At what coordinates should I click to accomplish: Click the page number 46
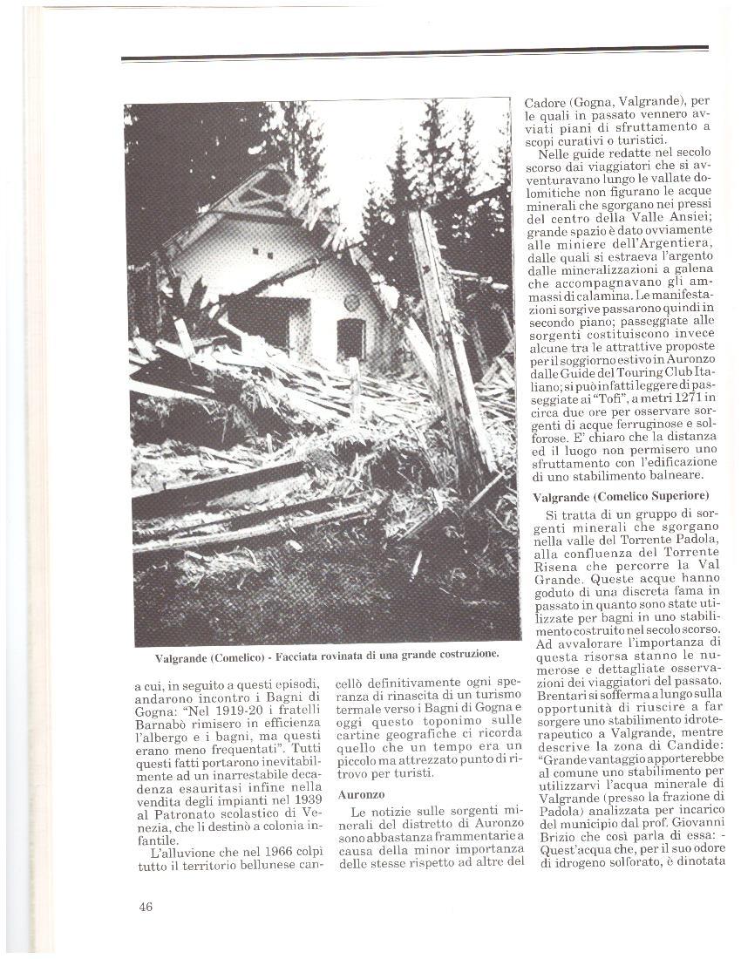tap(146, 907)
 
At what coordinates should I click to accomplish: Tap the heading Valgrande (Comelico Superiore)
tap(622, 496)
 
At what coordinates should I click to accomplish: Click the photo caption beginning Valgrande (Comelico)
tap(327, 656)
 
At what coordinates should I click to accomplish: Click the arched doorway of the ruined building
tap(350, 339)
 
